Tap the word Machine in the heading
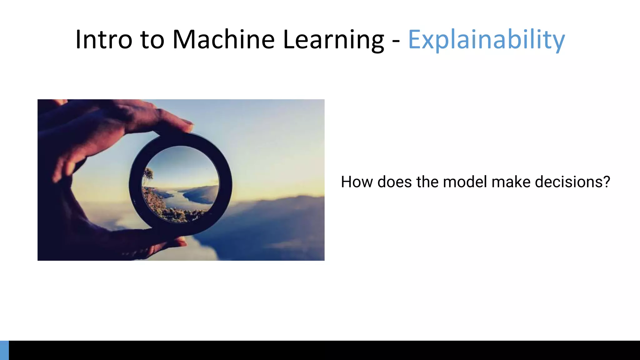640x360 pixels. pyautogui.click(x=223, y=39)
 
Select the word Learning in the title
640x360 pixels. pyautogui.click(x=333, y=40)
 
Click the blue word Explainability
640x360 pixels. pyautogui.click(x=486, y=40)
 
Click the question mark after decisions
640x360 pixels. pyautogui.click(x=607, y=182)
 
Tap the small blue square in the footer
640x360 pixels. pyautogui.click(x=4, y=350)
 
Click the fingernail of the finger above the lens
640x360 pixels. pyautogui.click(x=188, y=127)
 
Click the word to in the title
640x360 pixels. pyautogui.click(x=152, y=40)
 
